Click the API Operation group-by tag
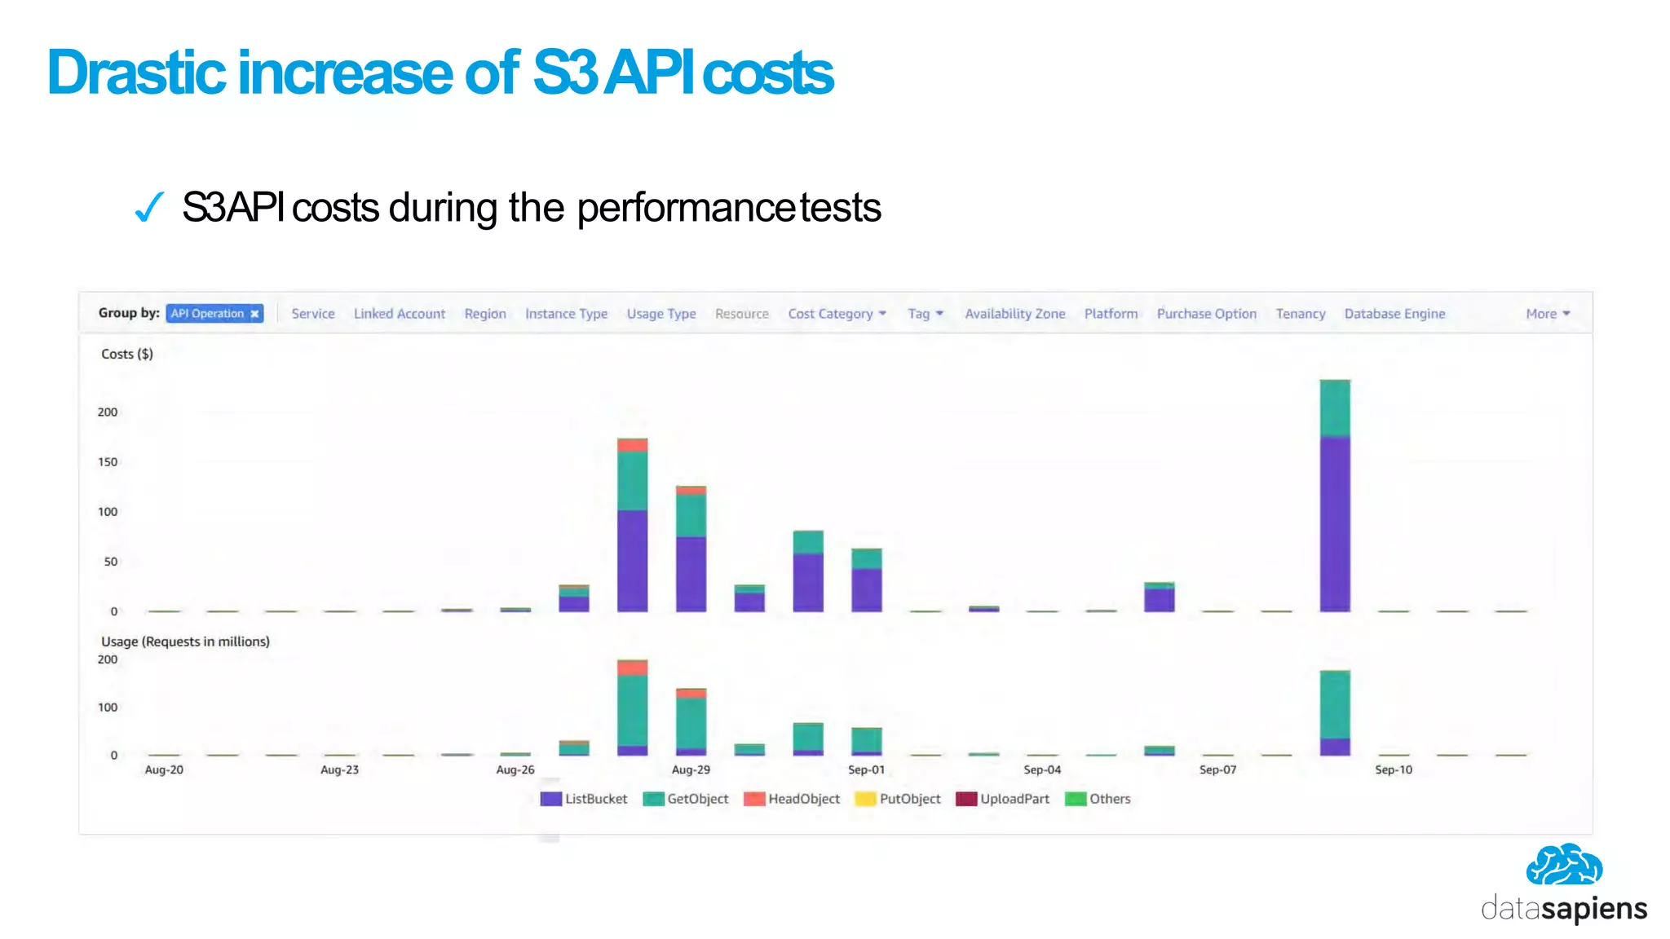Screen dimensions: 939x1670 point(214,314)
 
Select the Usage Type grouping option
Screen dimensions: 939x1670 point(660,314)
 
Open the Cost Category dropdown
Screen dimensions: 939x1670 point(837,314)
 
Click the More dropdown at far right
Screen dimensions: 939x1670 point(1547,314)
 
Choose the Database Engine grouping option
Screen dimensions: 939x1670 point(1394,314)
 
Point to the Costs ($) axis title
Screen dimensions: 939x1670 point(126,354)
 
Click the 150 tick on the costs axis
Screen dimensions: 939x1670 point(108,462)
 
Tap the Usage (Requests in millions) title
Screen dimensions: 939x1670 point(185,641)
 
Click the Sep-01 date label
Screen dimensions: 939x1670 point(866,769)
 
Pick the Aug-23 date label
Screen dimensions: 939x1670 point(339,769)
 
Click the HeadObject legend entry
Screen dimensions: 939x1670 point(792,799)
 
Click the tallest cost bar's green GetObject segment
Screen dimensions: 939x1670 point(1335,408)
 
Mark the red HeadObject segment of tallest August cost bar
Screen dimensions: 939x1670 point(632,445)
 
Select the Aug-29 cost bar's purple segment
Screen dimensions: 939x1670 point(691,574)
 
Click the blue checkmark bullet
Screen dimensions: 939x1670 point(149,207)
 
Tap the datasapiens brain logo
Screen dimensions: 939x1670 point(1563,866)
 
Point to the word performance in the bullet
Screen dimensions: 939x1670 point(684,208)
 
